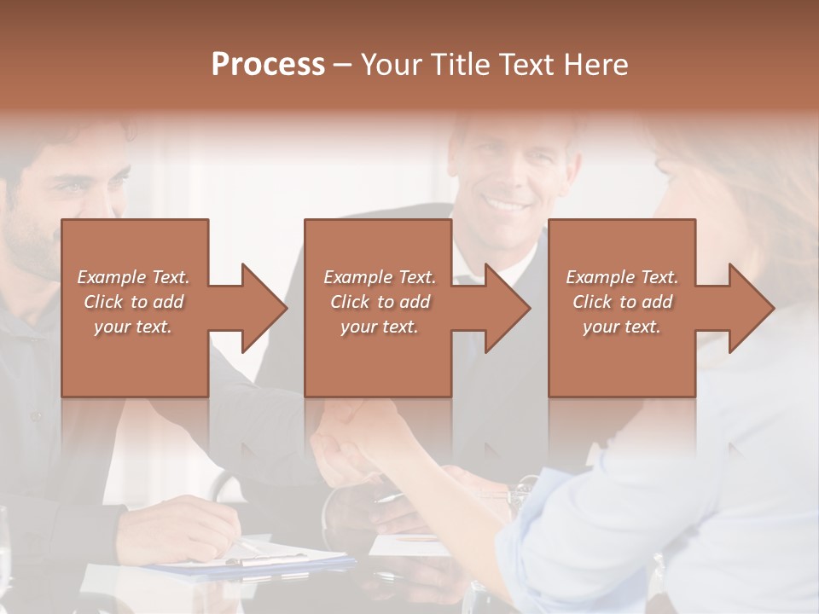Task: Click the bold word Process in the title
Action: (268, 65)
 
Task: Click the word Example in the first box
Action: (110, 277)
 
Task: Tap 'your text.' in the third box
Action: (622, 327)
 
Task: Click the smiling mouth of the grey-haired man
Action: (506, 206)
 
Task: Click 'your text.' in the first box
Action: (133, 327)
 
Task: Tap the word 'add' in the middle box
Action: (415, 302)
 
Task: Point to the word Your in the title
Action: (392, 65)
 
